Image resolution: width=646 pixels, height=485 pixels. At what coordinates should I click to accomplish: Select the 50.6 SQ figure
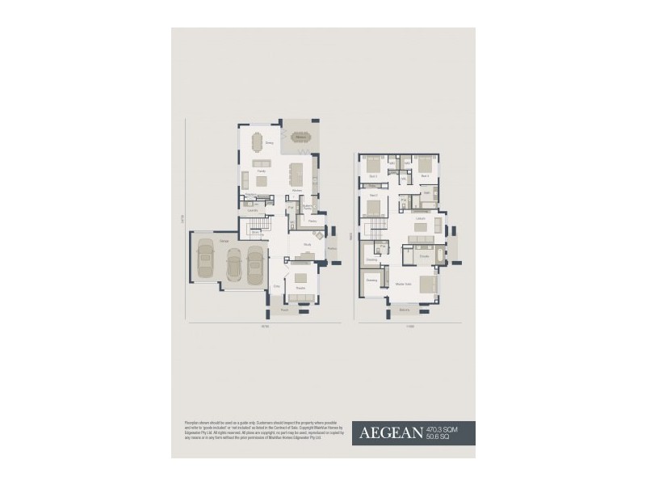coord(438,437)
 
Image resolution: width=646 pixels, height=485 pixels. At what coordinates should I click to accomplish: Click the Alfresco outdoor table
coord(301,139)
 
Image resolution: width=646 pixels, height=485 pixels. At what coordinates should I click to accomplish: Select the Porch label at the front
coord(284,310)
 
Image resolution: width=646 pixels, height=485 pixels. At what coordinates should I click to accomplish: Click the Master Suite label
coord(404,284)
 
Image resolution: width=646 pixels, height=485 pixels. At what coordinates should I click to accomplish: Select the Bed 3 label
coord(373,175)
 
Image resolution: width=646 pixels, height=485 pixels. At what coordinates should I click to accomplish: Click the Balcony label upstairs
coord(405,309)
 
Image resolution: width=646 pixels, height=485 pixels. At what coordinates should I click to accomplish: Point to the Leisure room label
coord(420,219)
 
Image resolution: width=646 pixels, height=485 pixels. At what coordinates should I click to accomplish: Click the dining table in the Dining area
coord(257,142)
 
